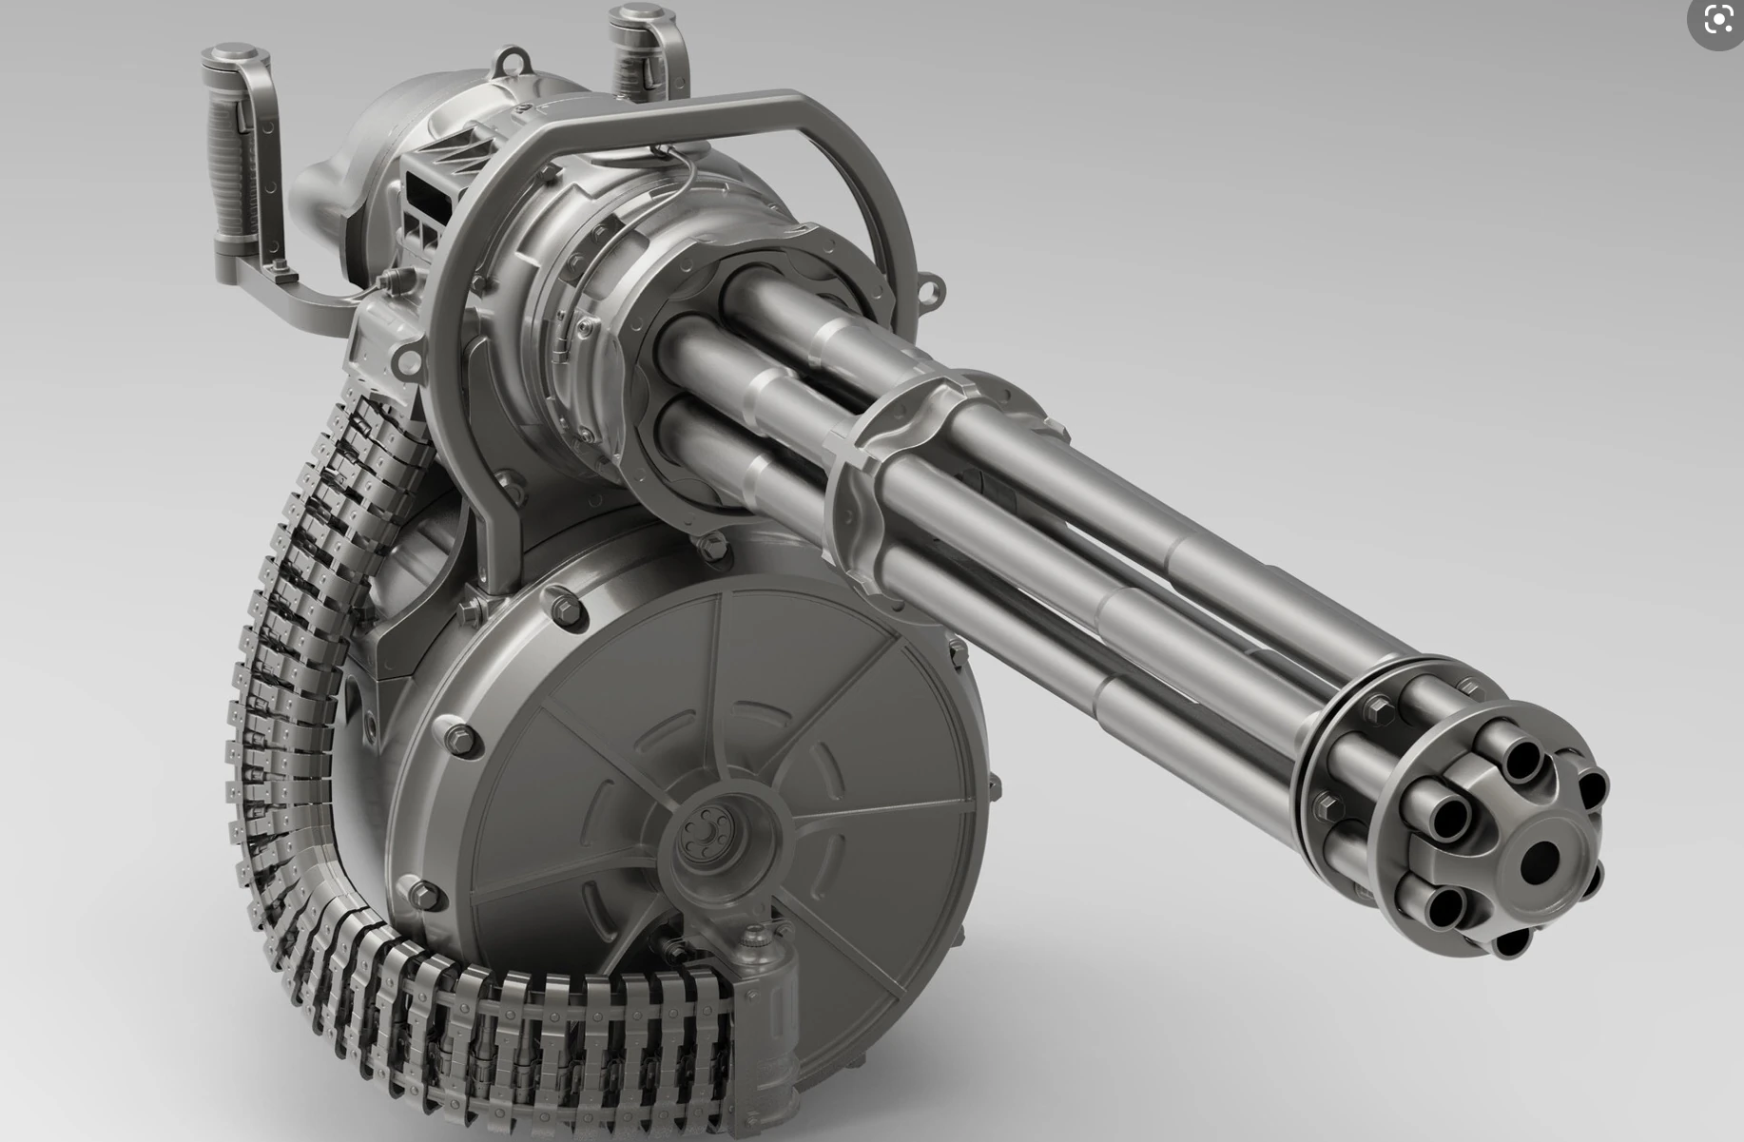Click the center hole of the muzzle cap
tap(1538, 861)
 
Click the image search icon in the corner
tap(1718, 19)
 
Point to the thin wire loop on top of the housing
tap(680, 171)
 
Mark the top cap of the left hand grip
tap(234, 54)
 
